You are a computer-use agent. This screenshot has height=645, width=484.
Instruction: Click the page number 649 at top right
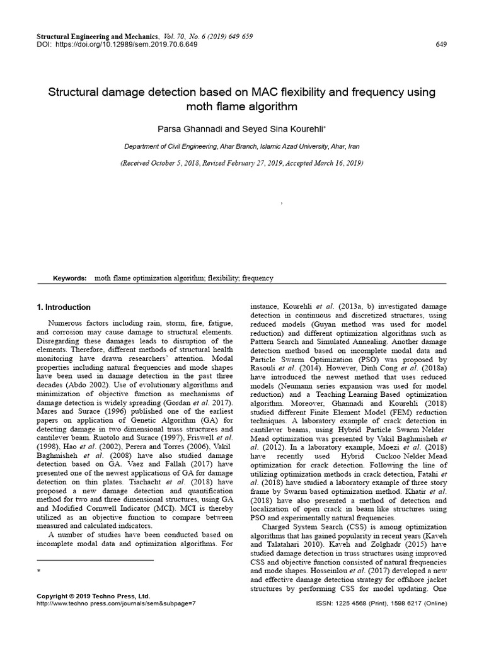tap(441, 45)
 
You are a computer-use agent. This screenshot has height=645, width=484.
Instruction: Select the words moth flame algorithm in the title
tap(242, 106)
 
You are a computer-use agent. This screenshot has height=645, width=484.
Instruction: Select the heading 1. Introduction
tap(64, 307)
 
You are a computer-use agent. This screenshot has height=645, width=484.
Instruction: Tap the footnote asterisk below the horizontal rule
tap(39, 571)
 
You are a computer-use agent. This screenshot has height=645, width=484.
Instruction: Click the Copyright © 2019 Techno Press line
tap(94, 595)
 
